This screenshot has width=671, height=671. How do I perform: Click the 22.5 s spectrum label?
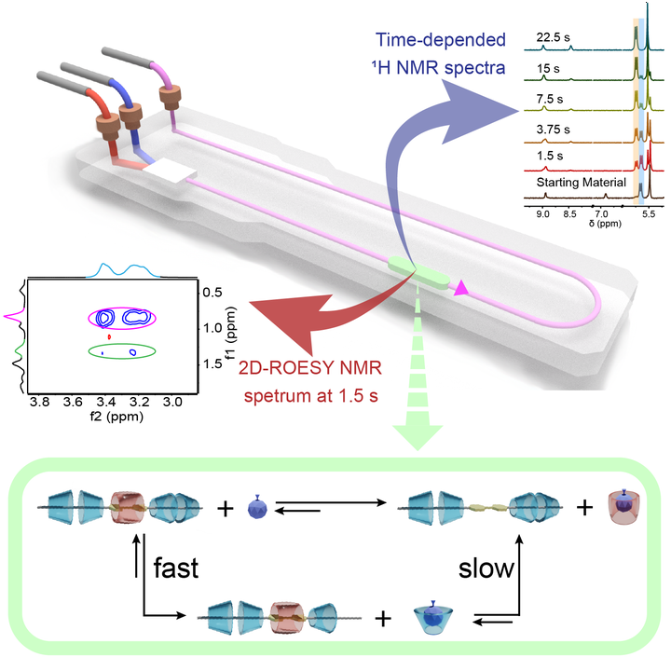(553, 38)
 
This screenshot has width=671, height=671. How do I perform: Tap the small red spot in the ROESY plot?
(109, 335)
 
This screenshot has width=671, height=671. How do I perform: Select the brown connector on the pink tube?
(170, 96)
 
